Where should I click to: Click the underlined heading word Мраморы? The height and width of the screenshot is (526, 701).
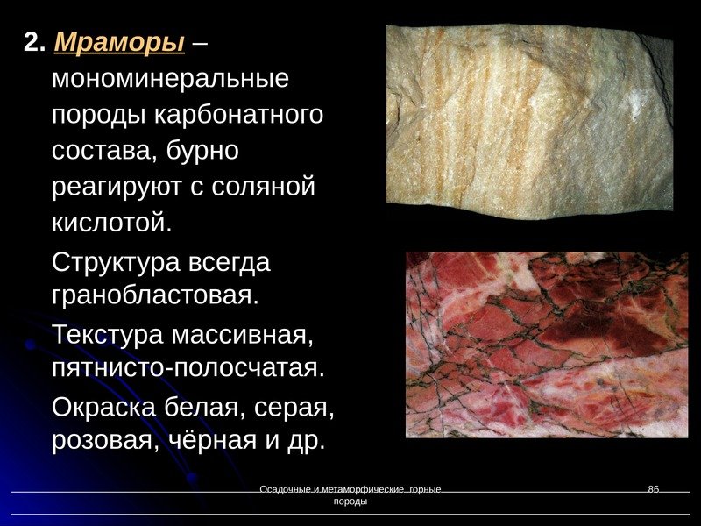(x=119, y=43)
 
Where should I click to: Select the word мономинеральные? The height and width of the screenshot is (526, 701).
(x=170, y=80)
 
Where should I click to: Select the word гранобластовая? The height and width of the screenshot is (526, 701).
(x=156, y=295)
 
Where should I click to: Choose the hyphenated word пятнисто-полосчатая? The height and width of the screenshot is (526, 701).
(x=188, y=367)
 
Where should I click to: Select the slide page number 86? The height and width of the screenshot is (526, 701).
(x=653, y=488)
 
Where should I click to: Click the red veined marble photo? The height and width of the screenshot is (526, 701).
(x=546, y=345)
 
